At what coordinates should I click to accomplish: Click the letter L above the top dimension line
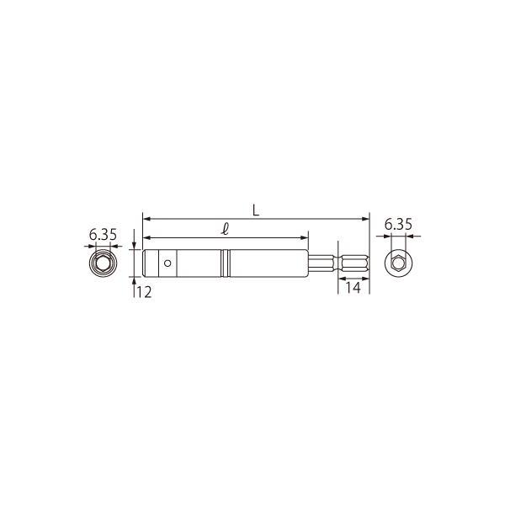[256, 210]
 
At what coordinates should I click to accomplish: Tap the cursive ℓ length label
[226, 229]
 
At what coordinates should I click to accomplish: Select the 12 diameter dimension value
[144, 292]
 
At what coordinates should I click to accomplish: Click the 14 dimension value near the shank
[353, 287]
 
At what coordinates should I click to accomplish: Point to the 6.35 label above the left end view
[103, 235]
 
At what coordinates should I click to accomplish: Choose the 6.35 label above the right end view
[398, 224]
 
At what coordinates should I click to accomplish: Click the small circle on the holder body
[167, 263]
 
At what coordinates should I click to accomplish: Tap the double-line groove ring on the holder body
[226, 263]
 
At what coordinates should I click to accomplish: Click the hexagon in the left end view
[103, 263]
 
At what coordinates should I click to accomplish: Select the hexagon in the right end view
[398, 263]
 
